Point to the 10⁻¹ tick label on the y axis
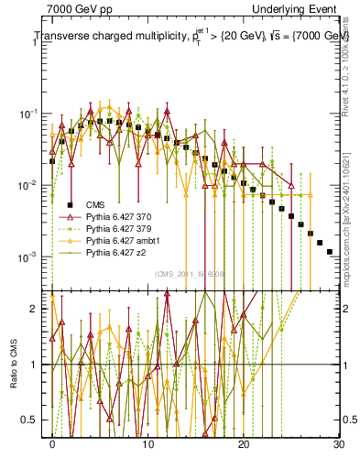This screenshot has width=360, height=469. (x=32, y=113)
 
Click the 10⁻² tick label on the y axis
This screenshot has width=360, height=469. (x=32, y=185)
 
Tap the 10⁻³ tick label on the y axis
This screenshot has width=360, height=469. (x=32, y=256)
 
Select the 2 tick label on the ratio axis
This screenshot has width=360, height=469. (x=37, y=309)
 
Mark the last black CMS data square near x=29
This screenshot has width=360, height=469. (x=329, y=251)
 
